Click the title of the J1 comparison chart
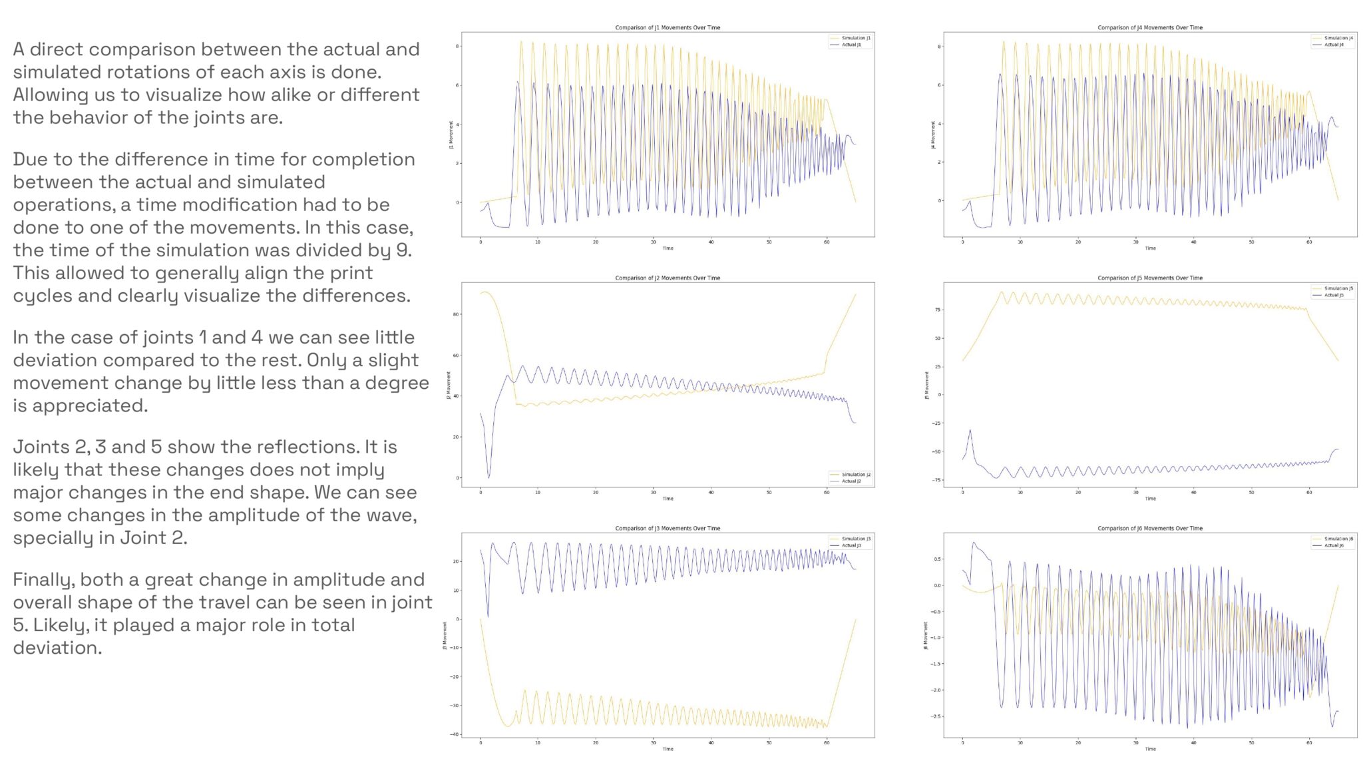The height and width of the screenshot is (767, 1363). pyautogui.click(x=668, y=27)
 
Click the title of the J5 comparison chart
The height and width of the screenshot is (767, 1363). pyautogui.click(x=1149, y=278)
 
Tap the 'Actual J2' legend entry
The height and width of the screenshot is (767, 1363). pyautogui.click(x=851, y=481)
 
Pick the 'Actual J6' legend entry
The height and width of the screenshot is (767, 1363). pyautogui.click(x=1334, y=545)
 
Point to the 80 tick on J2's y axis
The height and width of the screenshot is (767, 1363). pyautogui.click(x=456, y=314)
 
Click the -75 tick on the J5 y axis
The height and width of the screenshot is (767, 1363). pyautogui.click(x=936, y=480)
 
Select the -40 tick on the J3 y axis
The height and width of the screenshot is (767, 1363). pyautogui.click(x=455, y=734)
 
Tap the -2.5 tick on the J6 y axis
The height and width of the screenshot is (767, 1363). pyautogui.click(x=936, y=716)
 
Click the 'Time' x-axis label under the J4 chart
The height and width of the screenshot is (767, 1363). pyautogui.click(x=1150, y=248)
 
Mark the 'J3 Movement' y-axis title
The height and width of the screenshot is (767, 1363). pyautogui.click(x=445, y=636)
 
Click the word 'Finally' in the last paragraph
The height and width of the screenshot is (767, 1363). pyautogui.click(x=43, y=580)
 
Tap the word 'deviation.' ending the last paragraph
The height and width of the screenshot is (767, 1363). pyautogui.click(x=57, y=648)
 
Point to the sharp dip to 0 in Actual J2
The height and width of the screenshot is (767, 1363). pyautogui.click(x=488, y=477)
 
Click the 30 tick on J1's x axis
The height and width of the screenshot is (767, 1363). pyautogui.click(x=653, y=242)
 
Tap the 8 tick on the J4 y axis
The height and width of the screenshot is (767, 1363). pyautogui.click(x=939, y=47)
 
